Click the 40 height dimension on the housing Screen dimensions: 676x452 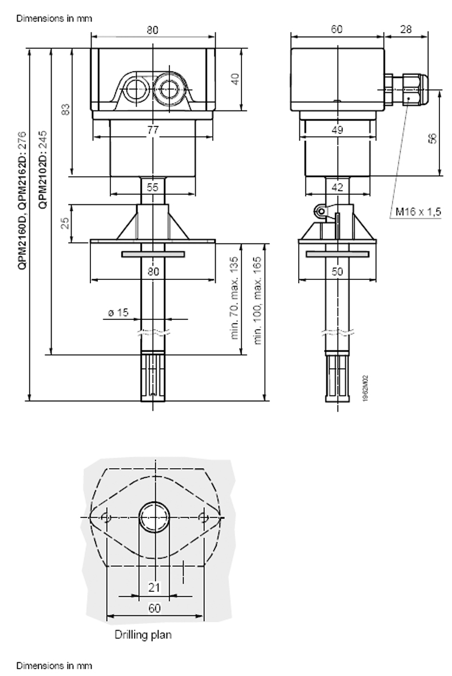point(233,79)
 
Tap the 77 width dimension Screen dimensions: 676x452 point(152,130)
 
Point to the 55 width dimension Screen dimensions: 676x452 point(152,187)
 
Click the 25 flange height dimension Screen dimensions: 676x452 point(65,222)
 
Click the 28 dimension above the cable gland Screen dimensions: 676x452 point(406,30)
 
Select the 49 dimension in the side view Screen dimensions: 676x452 point(338,130)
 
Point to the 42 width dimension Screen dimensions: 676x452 point(338,187)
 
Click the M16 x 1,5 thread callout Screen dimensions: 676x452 point(419,212)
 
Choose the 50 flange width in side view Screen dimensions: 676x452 point(338,272)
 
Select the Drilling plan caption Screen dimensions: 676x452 point(143,634)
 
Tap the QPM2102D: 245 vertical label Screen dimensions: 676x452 point(41,167)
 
